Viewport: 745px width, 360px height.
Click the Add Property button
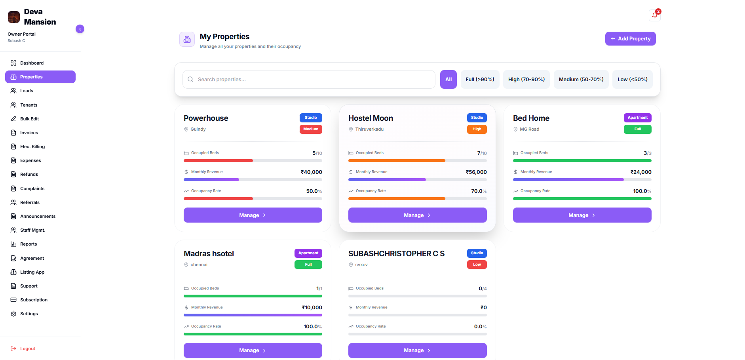click(x=630, y=39)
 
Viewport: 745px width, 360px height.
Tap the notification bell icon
click(x=654, y=15)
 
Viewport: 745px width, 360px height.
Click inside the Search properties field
click(x=309, y=80)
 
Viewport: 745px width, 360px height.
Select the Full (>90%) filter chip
click(x=480, y=80)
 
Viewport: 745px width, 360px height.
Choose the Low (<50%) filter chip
click(x=632, y=80)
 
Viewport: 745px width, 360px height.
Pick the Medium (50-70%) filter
click(x=581, y=80)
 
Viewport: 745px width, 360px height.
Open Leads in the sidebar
click(x=27, y=91)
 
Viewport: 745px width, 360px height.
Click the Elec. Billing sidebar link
click(x=32, y=147)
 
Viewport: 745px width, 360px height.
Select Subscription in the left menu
click(x=34, y=300)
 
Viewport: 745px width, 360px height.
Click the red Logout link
click(x=27, y=349)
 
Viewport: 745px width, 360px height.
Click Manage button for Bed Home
click(x=582, y=215)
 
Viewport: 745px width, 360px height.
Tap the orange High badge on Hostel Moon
click(x=477, y=129)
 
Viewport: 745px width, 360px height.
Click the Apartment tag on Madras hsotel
click(x=308, y=253)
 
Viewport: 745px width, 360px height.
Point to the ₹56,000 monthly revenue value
click(x=476, y=172)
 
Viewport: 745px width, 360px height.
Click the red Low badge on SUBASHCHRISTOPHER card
click(x=477, y=265)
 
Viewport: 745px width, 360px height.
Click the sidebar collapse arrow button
click(x=80, y=29)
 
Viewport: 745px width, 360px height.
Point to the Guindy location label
click(x=198, y=130)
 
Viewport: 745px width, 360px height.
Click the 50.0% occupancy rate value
click(x=314, y=191)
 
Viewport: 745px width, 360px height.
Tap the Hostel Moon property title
click(x=371, y=118)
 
